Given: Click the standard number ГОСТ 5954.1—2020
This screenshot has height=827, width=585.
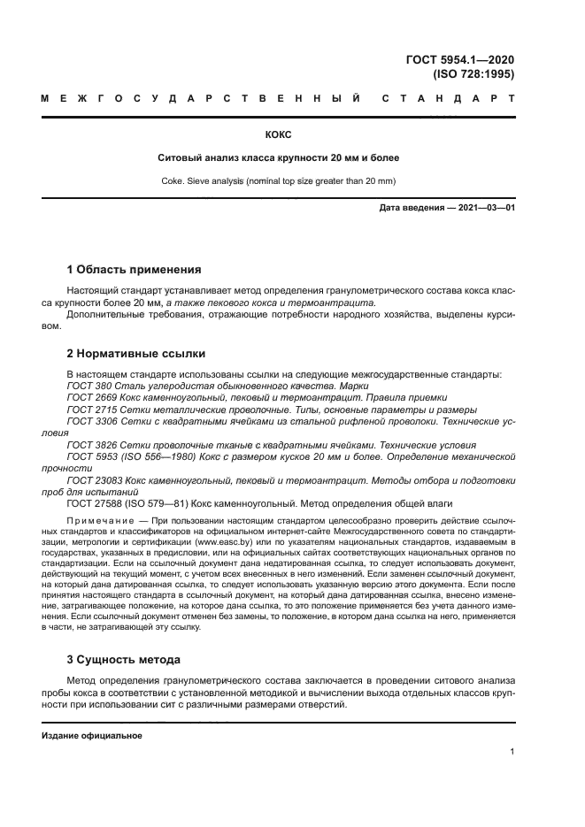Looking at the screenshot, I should (459, 60).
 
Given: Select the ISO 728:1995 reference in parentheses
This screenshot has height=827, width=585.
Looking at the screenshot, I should (473, 74).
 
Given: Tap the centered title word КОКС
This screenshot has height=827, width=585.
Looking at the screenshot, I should (278, 134).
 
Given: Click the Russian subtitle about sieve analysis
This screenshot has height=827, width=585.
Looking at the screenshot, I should (278, 158).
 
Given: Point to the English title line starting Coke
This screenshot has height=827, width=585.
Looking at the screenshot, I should (278, 181).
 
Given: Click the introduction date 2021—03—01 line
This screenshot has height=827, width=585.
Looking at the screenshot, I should (446, 208).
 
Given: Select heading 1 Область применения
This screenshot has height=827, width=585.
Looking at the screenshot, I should (135, 269).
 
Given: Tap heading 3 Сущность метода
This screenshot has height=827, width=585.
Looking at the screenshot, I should (124, 659).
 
